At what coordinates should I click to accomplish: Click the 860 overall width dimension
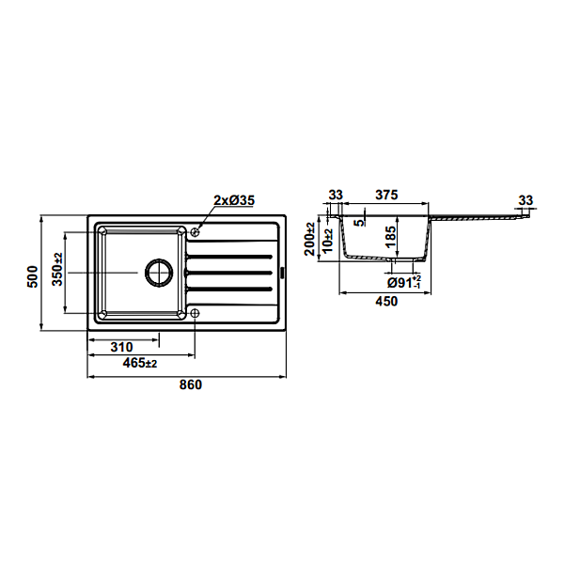[x=191, y=384]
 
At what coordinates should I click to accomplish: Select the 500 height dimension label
[x=32, y=276]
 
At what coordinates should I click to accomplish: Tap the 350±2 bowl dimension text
[x=57, y=270]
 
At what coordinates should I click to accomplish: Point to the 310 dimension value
[x=121, y=347]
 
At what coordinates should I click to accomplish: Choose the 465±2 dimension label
[x=140, y=363]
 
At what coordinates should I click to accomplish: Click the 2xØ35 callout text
[x=234, y=200]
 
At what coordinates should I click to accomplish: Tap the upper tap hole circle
[x=195, y=232]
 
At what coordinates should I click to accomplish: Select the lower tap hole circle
[x=195, y=313]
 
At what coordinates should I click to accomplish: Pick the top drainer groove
[x=228, y=257]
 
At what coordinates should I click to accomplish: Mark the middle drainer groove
[x=228, y=273]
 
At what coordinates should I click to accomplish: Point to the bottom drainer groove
[x=228, y=289]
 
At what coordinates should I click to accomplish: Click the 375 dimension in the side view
[x=386, y=195]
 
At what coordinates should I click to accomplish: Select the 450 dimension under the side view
[x=386, y=301]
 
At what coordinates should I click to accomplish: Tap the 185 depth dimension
[x=390, y=236]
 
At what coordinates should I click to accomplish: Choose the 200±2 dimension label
[x=309, y=239]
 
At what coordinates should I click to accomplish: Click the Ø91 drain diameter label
[x=404, y=283]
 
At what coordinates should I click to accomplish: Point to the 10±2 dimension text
[x=328, y=241]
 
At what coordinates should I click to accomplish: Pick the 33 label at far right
[x=525, y=200]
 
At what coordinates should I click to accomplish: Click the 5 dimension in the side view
[x=359, y=223]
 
